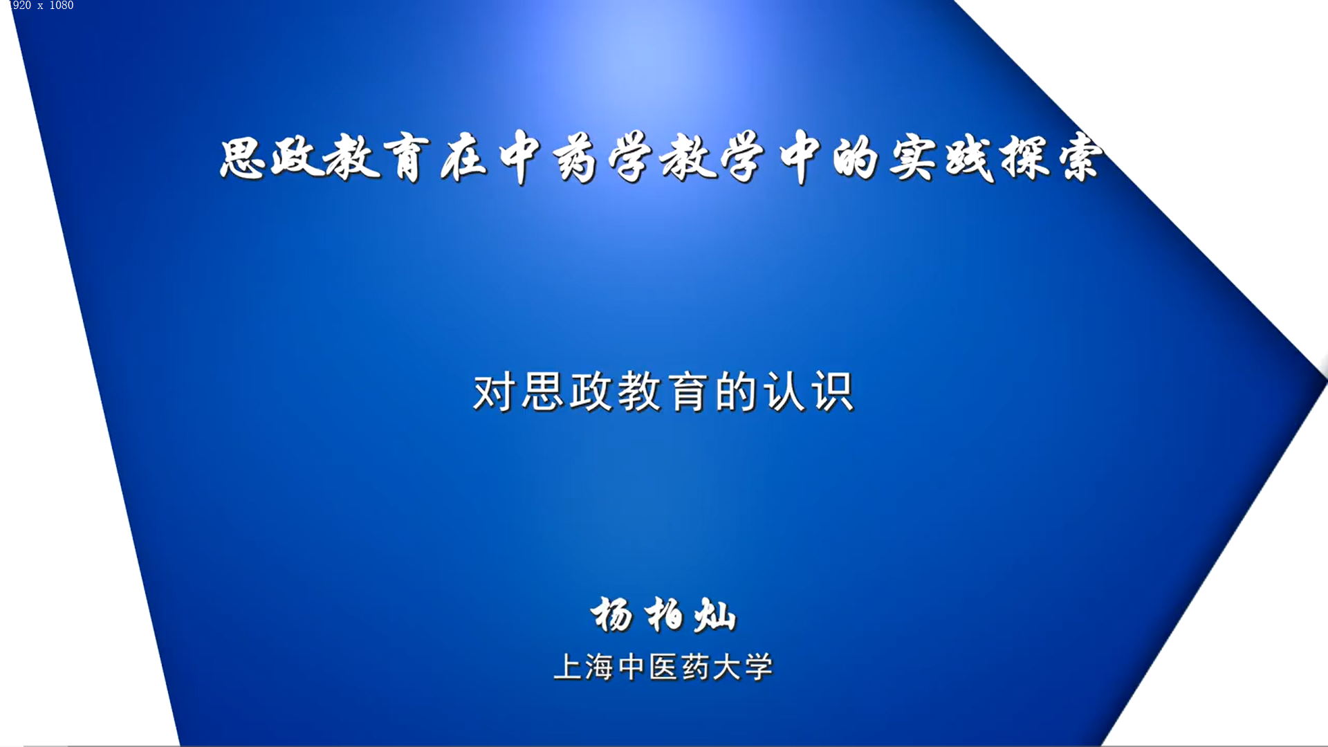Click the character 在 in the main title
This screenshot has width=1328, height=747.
[465, 158]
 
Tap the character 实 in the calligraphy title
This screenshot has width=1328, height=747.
[913, 158]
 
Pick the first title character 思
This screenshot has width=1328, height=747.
[243, 158]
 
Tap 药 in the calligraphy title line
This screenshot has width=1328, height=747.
[575, 158]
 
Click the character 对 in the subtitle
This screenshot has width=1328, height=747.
[494, 392]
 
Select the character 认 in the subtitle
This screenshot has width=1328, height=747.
[785, 392]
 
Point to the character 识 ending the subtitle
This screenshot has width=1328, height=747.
[833, 392]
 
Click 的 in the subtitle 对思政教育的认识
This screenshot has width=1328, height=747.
[736, 392]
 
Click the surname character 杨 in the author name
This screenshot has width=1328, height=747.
[612, 614]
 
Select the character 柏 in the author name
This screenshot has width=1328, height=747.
[665, 614]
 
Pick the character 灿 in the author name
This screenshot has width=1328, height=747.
[715, 614]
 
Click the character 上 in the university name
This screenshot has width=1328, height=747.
[568, 667]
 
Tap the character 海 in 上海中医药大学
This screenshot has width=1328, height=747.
[599, 667]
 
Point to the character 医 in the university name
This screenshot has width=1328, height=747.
[663, 667]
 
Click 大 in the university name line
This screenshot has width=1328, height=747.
[727, 667]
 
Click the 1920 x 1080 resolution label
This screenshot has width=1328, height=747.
[41, 6]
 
